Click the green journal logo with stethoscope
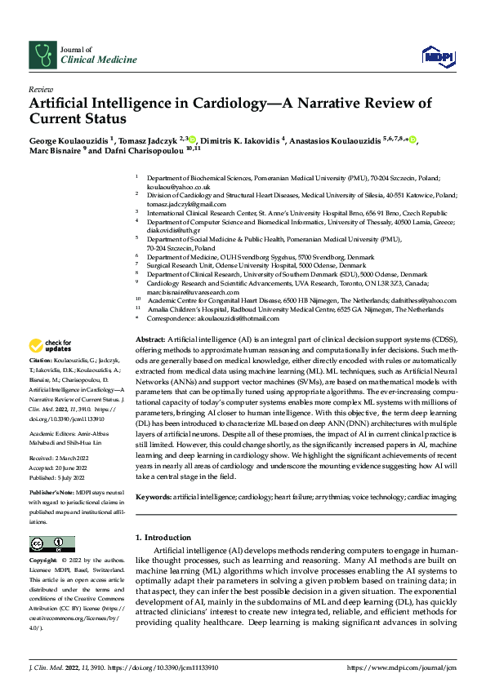point(41,55)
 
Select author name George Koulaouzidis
point(69,140)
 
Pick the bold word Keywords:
point(153,496)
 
